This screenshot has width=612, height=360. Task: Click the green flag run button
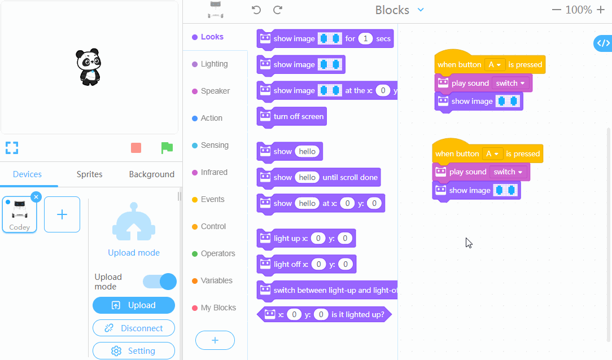167,148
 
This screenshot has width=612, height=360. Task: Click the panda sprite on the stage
88,67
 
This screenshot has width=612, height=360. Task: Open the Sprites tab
89,174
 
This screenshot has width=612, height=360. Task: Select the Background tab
151,174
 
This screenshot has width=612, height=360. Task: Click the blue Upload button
134,305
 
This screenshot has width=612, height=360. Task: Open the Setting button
134,351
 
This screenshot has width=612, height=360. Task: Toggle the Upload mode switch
160,282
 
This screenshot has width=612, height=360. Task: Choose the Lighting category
214,64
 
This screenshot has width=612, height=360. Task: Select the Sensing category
215,145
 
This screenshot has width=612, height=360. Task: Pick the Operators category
217,253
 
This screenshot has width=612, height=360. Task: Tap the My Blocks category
218,308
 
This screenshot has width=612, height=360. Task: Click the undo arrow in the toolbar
256,10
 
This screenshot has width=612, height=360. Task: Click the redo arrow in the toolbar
278,10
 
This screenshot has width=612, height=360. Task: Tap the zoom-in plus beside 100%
601,10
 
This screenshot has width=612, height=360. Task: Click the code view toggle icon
603,43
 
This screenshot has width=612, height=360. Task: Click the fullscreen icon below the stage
12,148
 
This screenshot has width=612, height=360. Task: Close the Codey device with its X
36,197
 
